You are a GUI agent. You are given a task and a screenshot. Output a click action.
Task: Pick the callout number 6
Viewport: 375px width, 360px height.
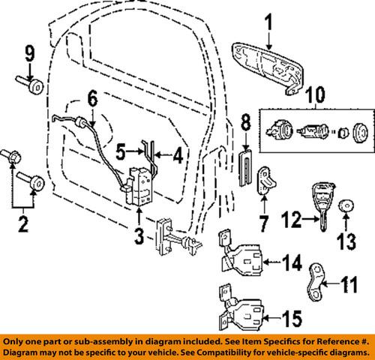[92, 97]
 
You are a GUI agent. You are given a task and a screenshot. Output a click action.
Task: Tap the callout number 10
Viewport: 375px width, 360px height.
[314, 96]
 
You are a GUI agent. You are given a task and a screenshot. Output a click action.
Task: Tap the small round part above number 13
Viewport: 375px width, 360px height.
[344, 204]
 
